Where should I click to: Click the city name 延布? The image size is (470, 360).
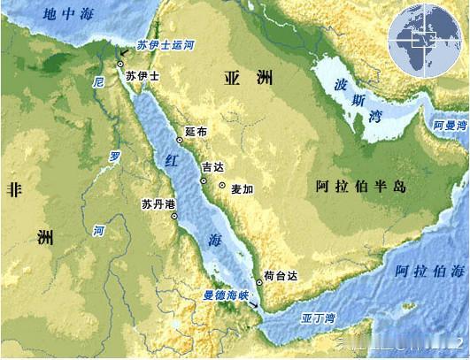[196, 132]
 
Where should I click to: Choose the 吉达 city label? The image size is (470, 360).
[212, 166]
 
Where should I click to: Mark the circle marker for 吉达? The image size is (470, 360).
[203, 180]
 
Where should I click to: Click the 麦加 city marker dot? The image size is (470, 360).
[222, 186]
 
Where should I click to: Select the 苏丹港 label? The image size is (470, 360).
[159, 204]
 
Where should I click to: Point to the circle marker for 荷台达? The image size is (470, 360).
[259, 282]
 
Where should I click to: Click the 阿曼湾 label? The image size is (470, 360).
[449, 126]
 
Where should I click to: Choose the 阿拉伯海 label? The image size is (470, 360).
[430, 270]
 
